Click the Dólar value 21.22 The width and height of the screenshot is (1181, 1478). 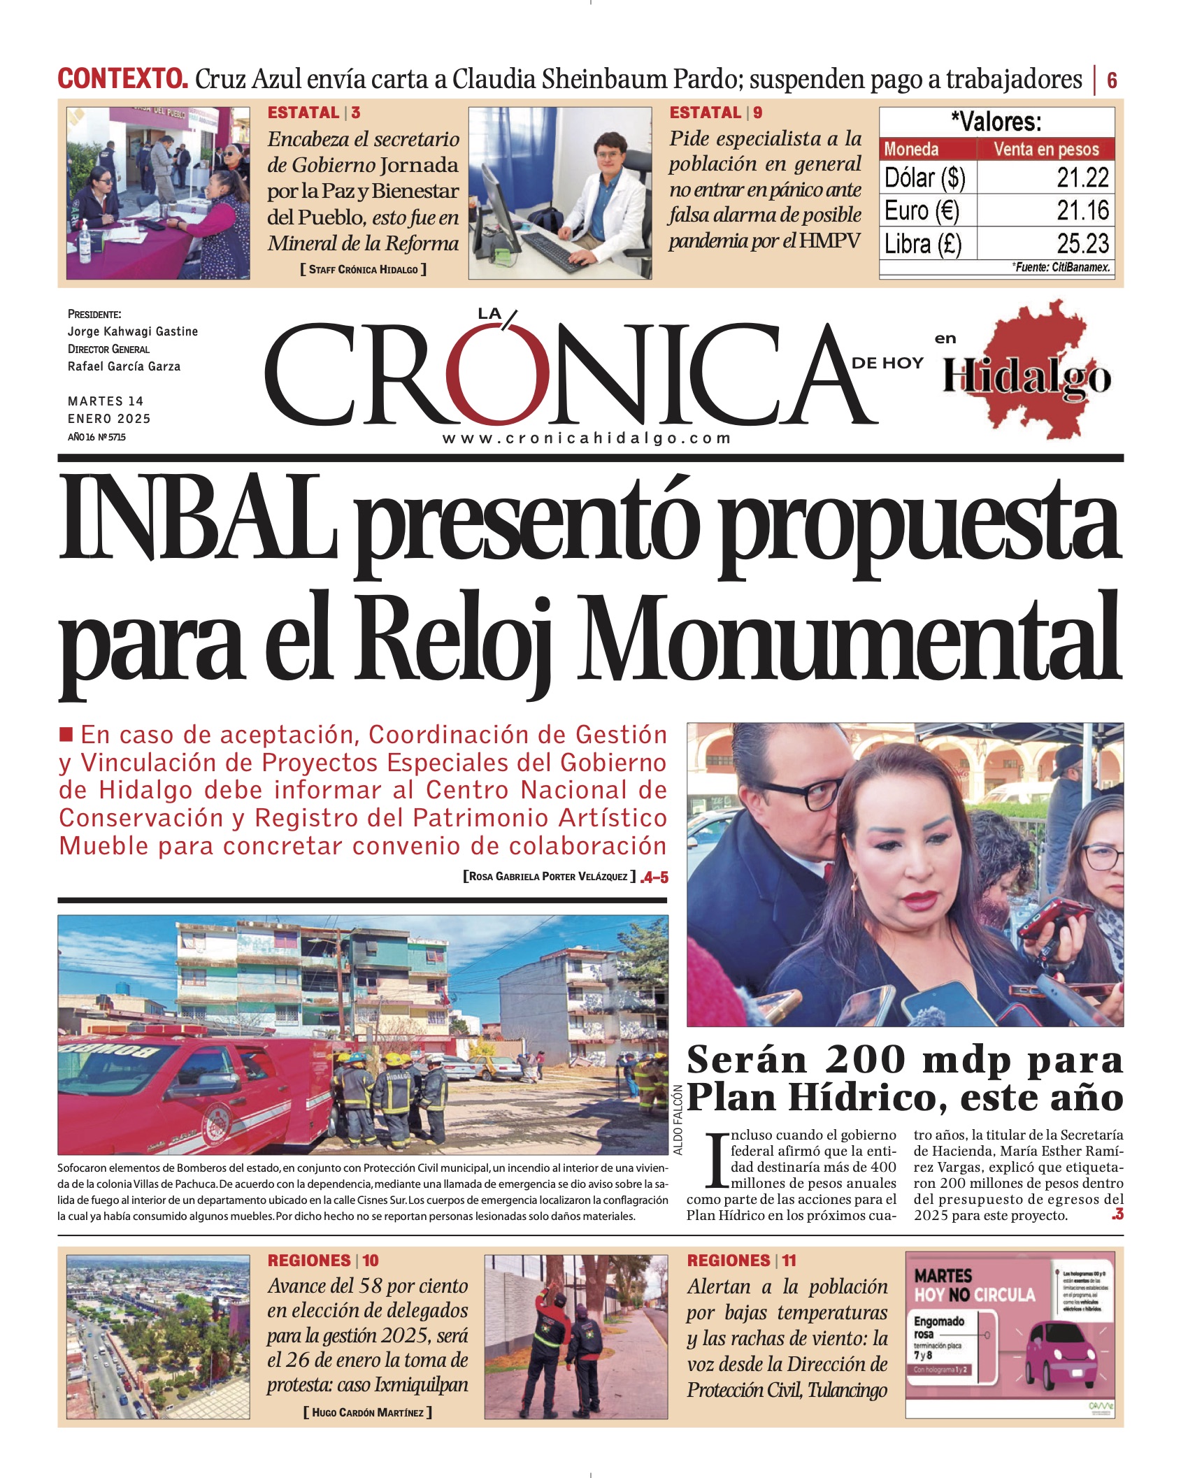(x=1082, y=178)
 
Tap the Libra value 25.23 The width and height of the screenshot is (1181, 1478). (x=1082, y=243)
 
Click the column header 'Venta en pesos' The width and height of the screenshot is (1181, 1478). (x=1045, y=149)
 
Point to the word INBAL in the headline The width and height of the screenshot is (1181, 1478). (x=197, y=518)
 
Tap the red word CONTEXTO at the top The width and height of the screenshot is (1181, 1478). (x=122, y=79)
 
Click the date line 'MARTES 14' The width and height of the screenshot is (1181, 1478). (x=106, y=401)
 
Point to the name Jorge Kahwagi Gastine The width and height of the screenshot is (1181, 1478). (x=133, y=331)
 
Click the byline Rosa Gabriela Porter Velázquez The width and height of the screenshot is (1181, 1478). (x=550, y=877)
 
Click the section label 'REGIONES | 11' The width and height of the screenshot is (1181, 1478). (x=741, y=1261)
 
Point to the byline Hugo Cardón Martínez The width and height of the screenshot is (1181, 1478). (x=368, y=1412)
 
